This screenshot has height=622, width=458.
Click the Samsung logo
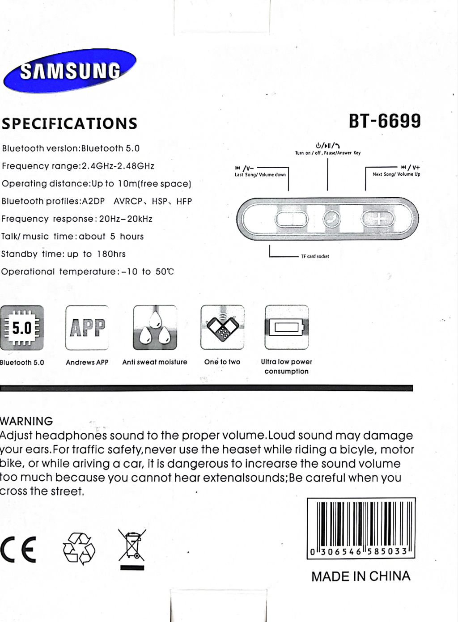[69, 71]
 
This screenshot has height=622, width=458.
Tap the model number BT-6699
[385, 121]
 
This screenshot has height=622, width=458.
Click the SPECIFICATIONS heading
[69, 123]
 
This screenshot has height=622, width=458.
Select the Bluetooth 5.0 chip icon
[22, 328]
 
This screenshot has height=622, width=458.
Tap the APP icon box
[87, 328]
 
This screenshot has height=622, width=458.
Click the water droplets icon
[155, 328]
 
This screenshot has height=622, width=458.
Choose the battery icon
[286, 327]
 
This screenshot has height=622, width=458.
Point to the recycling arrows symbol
[79, 548]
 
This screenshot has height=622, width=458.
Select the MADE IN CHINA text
[360, 576]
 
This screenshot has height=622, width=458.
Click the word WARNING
[26, 421]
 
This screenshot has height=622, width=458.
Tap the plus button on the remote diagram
[378, 219]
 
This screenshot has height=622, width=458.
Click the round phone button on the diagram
[331, 219]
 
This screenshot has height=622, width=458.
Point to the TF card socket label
[315, 256]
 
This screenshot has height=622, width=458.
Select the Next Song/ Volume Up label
[396, 174]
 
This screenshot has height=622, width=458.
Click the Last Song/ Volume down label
[260, 174]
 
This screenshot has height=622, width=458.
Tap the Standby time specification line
[64, 254]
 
